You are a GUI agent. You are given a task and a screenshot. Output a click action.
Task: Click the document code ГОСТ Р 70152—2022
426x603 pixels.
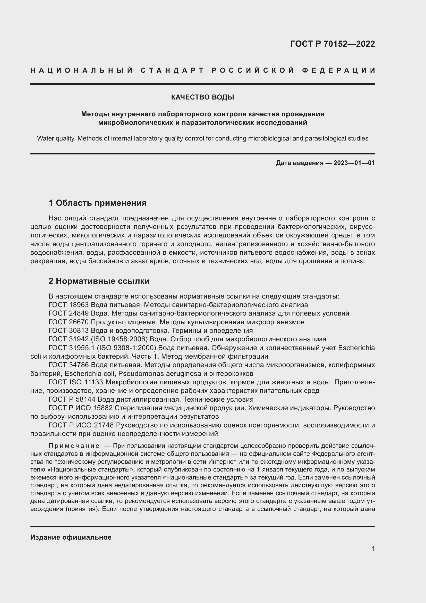(332, 44)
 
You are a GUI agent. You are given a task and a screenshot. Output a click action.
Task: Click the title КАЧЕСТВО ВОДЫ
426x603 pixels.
(202, 97)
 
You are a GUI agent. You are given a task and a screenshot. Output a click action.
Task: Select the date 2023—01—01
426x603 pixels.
(354, 163)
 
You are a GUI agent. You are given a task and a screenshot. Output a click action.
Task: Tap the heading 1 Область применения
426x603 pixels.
(97, 203)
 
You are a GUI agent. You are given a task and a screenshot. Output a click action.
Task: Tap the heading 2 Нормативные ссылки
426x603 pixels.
(99, 281)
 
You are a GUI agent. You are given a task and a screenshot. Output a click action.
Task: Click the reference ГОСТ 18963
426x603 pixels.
(69, 305)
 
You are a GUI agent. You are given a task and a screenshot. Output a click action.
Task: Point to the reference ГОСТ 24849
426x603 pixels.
(69, 313)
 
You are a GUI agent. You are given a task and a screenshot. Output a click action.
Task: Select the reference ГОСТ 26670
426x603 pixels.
(69, 322)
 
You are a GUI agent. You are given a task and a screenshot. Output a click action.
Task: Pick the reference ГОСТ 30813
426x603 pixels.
(69, 331)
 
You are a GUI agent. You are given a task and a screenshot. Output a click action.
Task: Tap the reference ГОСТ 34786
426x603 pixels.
(69, 365)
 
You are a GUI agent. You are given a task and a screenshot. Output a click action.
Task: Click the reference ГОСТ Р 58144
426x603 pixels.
(72, 399)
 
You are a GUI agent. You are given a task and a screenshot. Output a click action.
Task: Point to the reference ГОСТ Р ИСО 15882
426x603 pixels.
(81, 408)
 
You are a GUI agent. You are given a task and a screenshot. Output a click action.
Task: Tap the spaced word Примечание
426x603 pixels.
(74, 446)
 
